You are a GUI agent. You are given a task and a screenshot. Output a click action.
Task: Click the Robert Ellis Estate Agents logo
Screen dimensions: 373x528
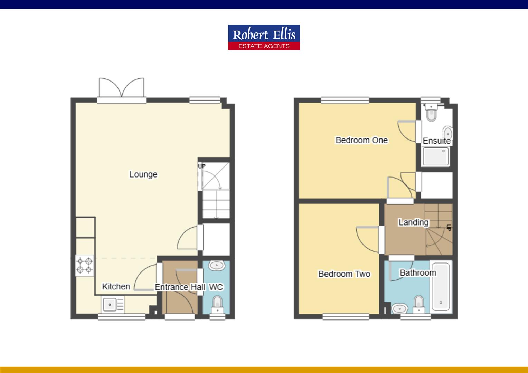click(x=264, y=37)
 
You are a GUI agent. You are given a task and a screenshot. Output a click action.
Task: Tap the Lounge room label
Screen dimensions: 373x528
click(x=143, y=174)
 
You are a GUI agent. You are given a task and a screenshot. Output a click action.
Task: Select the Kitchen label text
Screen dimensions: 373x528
click(x=116, y=286)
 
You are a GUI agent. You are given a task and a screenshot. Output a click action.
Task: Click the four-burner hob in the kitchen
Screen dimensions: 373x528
click(x=85, y=266)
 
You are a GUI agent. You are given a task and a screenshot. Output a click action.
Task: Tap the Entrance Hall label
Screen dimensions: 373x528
click(x=180, y=287)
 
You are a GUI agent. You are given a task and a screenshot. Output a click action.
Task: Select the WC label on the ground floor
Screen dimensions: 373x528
click(x=216, y=287)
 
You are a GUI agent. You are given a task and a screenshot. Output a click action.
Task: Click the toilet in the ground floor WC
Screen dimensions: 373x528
click(x=217, y=304)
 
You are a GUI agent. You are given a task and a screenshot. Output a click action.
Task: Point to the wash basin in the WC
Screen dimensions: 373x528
click(x=216, y=266)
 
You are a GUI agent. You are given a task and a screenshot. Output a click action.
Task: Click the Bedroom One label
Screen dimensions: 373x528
click(x=361, y=140)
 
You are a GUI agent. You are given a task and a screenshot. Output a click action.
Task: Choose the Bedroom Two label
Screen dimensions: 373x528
click(x=344, y=274)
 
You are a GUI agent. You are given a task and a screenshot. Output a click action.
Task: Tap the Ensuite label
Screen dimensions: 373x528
click(x=436, y=141)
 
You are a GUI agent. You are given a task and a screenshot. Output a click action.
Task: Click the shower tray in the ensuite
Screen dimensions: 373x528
click(x=436, y=156)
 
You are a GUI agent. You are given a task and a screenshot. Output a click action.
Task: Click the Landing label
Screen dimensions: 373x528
click(x=413, y=222)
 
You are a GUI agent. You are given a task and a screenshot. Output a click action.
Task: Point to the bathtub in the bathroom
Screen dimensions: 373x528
click(x=441, y=287)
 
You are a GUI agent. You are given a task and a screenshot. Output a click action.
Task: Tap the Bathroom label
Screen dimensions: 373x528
click(x=418, y=273)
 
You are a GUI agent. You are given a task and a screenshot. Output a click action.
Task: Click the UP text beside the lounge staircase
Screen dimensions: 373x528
click(x=201, y=166)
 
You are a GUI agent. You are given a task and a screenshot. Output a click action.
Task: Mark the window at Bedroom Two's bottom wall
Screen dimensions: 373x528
click(x=346, y=316)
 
